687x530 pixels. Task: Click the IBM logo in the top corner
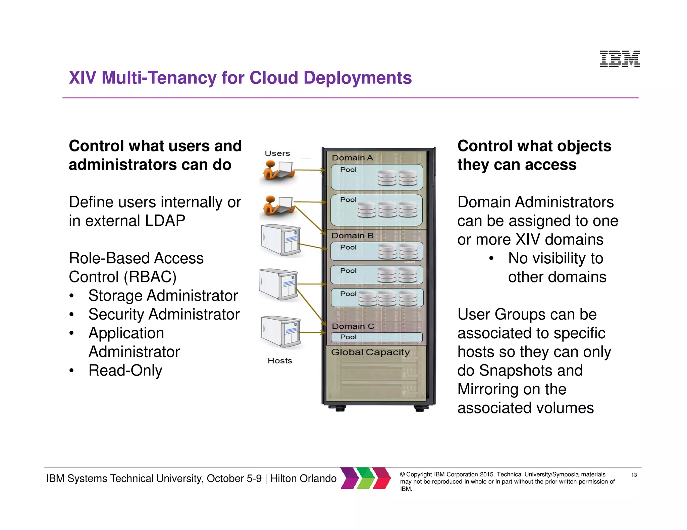(x=620, y=59)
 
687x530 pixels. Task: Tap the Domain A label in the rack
(x=352, y=158)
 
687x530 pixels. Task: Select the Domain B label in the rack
(x=352, y=236)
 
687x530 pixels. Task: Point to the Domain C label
(x=353, y=326)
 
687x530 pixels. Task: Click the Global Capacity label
(x=370, y=352)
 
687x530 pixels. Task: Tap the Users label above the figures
(x=277, y=153)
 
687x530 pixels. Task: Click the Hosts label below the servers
(x=280, y=361)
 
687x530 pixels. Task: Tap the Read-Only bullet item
(x=125, y=371)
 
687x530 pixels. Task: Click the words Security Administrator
(x=164, y=314)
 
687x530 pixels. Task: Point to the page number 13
(x=634, y=475)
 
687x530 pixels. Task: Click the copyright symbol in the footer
(x=402, y=474)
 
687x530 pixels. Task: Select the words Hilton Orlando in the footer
(x=303, y=478)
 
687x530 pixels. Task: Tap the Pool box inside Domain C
(x=376, y=337)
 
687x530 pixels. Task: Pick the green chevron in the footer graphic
(x=366, y=478)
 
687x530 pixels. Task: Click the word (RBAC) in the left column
(x=150, y=277)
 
